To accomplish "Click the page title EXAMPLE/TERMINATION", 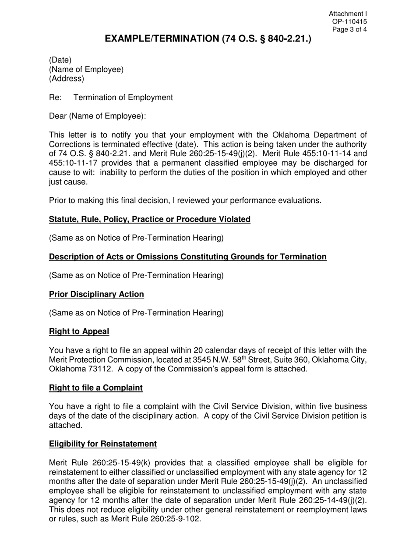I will click(x=208, y=39).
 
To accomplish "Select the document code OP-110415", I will click(x=349, y=22).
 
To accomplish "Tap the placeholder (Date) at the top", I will click(x=60, y=60).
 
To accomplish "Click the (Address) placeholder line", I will click(x=66, y=79).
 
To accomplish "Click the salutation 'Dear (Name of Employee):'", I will click(x=97, y=116).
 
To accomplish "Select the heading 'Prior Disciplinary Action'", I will click(x=96, y=294).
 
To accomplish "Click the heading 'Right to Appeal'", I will click(x=79, y=332).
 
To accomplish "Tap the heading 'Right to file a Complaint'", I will click(x=95, y=388).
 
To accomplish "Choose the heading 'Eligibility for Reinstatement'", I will click(x=102, y=444).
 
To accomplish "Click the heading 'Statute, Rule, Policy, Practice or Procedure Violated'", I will click(x=149, y=220).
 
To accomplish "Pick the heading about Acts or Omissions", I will click(x=187, y=257).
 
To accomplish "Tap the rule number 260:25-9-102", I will click(x=174, y=519).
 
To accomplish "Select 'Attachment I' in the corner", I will click(x=348, y=14).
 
